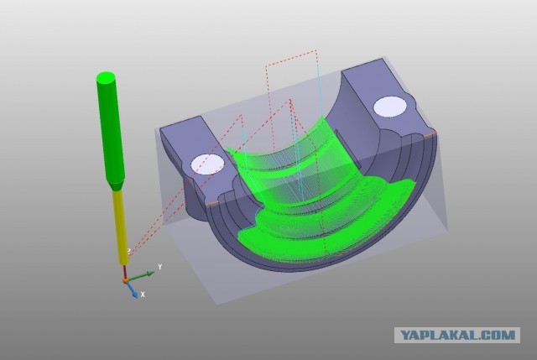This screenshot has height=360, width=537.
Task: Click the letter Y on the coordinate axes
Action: tap(159, 267)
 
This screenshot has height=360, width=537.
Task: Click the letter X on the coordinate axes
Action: tap(143, 295)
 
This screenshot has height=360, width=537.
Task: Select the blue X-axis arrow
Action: tap(133, 290)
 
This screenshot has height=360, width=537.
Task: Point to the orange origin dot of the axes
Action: tap(126, 280)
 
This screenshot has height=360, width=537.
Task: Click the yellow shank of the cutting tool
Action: tap(120, 227)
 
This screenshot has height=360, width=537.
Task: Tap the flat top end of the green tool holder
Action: tap(106, 77)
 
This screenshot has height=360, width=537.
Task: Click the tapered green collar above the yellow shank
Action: tap(116, 185)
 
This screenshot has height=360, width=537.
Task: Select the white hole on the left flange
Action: tap(207, 164)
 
